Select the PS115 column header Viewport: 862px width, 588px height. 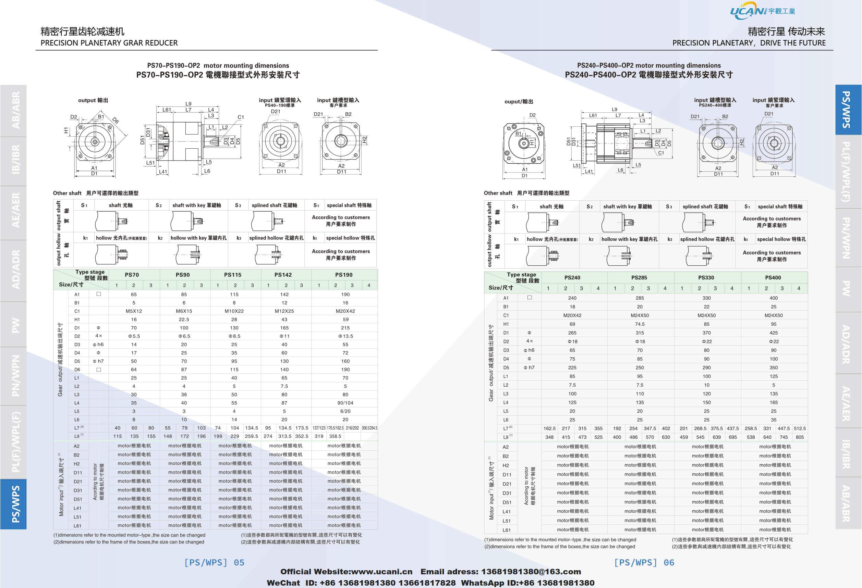coord(233,275)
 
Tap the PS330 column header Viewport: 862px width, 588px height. coord(706,277)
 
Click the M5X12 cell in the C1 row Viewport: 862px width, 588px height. coord(134,311)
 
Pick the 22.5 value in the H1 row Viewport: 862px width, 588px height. coord(184,320)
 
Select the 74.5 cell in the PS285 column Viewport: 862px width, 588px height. coord(640,324)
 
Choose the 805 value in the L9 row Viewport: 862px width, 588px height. coord(799,437)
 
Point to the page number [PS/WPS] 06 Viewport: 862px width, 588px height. coord(644,562)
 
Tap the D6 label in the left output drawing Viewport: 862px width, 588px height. coord(116,120)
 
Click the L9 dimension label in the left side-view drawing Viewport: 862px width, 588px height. coord(189,104)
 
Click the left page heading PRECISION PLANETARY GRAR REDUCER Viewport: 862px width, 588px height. coord(109,43)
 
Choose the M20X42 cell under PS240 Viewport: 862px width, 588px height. coord(572,315)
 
